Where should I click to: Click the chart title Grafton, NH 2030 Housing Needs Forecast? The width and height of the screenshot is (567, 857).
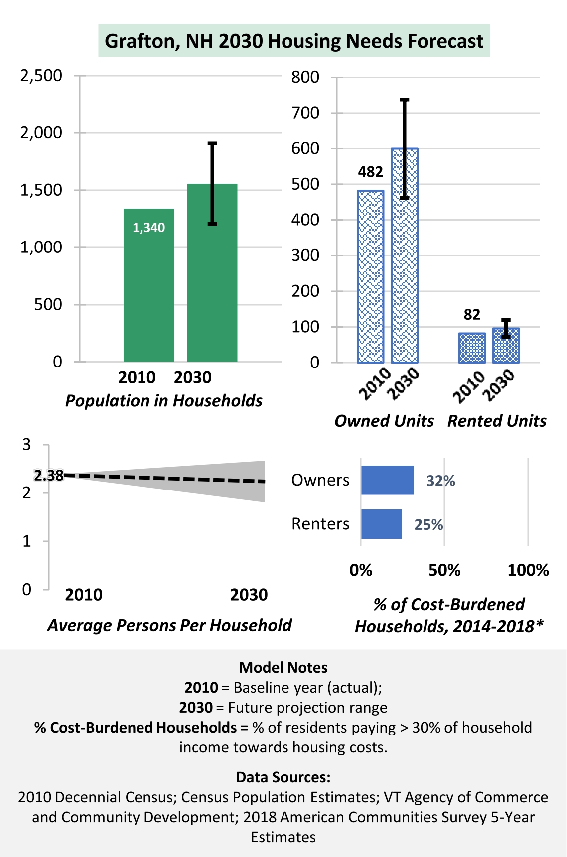click(294, 41)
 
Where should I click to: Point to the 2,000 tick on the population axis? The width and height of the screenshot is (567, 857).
click(41, 133)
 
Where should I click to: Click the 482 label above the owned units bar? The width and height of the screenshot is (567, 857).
click(370, 172)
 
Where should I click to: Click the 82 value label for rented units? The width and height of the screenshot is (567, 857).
click(472, 315)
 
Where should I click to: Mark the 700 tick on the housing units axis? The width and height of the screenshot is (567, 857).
click(305, 113)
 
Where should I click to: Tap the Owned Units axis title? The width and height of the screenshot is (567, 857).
click(384, 421)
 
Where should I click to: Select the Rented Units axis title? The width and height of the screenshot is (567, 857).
click(497, 421)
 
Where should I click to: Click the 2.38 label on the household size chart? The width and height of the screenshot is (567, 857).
click(49, 476)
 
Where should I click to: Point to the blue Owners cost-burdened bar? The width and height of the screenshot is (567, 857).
click(387, 480)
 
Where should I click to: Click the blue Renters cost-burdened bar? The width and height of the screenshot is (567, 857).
click(381, 524)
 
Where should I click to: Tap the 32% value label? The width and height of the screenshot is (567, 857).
click(440, 481)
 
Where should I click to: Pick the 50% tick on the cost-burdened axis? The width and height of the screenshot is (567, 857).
click(444, 570)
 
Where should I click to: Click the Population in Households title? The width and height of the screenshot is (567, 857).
click(164, 401)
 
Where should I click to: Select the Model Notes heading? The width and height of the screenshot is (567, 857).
click(283, 668)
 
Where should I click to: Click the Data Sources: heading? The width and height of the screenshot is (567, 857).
click(283, 777)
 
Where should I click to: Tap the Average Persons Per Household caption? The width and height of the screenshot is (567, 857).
click(169, 626)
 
